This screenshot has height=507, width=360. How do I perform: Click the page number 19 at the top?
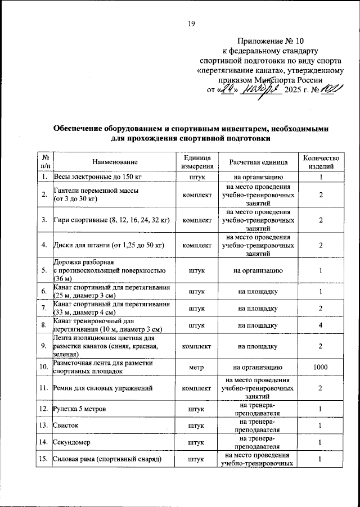coord(191,24)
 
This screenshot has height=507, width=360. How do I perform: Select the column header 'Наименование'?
coord(115,162)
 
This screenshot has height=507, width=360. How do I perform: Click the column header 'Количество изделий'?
coord(320,162)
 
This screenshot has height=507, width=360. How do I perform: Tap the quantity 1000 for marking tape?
coord(320,368)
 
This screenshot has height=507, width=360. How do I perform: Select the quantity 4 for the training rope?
coord(320,325)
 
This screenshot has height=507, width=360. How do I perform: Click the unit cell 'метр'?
coord(197,368)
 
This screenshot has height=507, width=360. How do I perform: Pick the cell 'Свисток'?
coord(66,426)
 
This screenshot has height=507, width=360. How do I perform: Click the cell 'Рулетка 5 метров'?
coord(78,409)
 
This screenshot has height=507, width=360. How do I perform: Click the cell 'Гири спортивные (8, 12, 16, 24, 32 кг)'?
coord(111,220)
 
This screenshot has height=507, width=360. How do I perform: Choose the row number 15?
coord(43,460)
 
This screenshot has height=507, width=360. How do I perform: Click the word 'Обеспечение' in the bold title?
coord(82,129)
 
